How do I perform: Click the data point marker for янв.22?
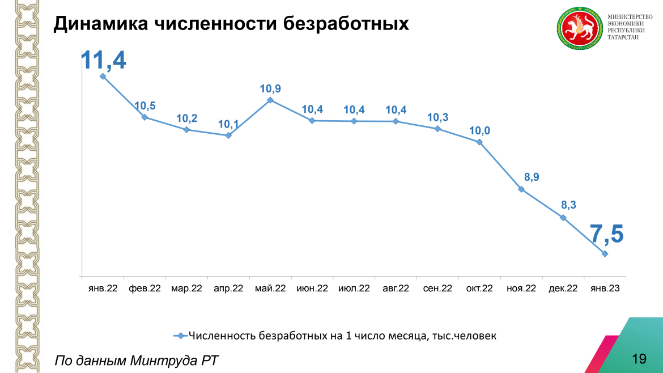click(103, 76)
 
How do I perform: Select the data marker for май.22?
click(270, 100)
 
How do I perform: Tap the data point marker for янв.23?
click(605, 254)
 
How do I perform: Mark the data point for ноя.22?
click(521, 189)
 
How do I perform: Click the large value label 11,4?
click(103, 59)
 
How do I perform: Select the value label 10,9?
click(270, 88)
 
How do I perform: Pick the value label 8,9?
click(532, 177)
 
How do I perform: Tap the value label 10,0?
click(479, 131)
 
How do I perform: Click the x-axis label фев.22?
click(144, 289)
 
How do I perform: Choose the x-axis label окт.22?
click(479, 289)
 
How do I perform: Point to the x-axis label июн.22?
click(312, 289)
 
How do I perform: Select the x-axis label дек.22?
click(563, 289)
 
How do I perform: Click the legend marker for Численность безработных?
click(180, 336)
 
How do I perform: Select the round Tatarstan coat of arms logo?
click(579, 29)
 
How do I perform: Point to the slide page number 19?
click(639, 358)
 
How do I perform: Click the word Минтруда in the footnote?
click(164, 361)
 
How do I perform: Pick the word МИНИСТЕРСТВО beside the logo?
click(630, 17)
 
